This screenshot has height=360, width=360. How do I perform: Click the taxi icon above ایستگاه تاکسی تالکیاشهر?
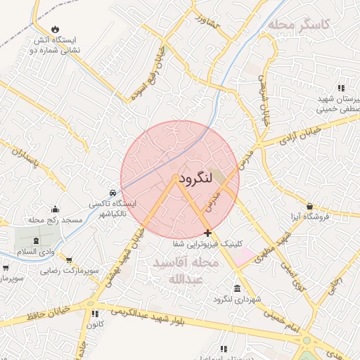112,192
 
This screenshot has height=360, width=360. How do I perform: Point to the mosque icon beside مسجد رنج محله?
55,209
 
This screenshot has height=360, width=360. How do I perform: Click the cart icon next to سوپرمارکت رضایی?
69,259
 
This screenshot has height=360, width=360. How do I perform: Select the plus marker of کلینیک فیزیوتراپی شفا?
207,232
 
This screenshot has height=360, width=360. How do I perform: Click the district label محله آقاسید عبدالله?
184,271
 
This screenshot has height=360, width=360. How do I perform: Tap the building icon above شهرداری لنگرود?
236,289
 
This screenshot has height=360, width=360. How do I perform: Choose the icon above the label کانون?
93,314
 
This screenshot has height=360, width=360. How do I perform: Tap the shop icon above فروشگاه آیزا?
309,206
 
